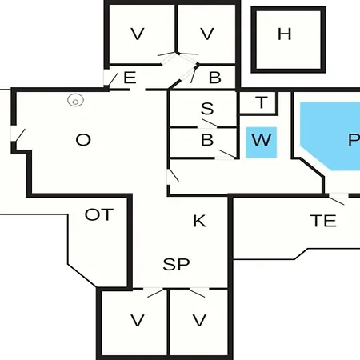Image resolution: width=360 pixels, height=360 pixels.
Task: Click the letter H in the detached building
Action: [284, 34]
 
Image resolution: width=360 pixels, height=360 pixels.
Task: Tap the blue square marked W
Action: [261, 142]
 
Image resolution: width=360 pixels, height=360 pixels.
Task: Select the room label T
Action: [262, 102]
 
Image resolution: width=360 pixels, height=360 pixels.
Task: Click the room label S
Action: [207, 109]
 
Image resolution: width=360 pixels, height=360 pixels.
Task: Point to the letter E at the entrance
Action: [130, 78]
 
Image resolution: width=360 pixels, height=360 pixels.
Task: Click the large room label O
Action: [83, 140]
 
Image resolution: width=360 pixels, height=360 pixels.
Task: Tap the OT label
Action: [99, 214]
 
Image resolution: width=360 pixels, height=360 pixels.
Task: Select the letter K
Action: [199, 221]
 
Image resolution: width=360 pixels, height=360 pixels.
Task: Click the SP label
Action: [176, 264]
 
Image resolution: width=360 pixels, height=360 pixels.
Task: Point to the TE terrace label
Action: [323, 221]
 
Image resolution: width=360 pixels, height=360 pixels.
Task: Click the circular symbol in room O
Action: [75, 101]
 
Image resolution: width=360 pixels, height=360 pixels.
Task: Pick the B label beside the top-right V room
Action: [215, 78]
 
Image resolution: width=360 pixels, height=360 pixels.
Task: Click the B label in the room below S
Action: [207, 140]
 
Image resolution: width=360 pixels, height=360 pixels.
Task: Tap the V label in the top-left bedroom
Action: [138, 34]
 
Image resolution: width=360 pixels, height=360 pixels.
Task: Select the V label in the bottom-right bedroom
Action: [199, 320]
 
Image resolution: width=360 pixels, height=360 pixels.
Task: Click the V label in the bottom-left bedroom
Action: [138, 320]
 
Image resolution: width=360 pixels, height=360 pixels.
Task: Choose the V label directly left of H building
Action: [207, 34]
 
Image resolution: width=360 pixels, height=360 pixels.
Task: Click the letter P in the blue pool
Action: [354, 140]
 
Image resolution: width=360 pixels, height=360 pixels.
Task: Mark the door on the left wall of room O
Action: [18, 134]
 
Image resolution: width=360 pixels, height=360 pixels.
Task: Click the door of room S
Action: [210, 124]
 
